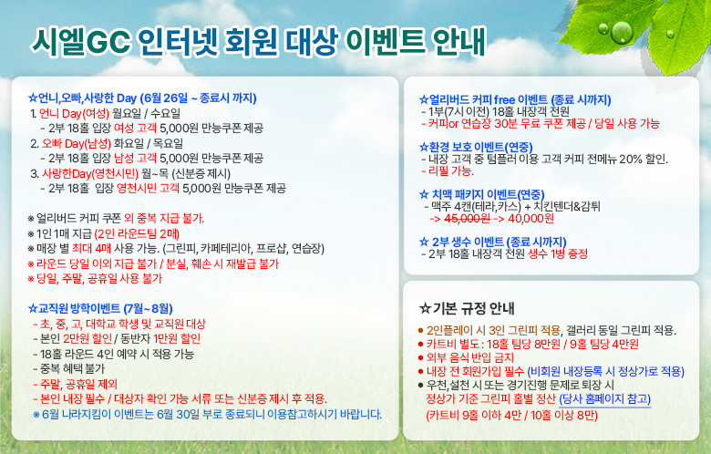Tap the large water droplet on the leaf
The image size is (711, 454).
coord(622,32)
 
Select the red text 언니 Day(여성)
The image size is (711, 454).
coord(75,113)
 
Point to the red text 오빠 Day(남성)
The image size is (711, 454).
coord(77,143)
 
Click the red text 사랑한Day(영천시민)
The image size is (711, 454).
coord(90,173)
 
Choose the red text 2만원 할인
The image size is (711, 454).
coord(88,338)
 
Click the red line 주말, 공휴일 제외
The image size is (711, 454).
coord(76,384)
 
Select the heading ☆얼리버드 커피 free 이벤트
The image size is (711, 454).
coord(483,99)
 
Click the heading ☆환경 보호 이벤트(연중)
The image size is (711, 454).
coord(476,147)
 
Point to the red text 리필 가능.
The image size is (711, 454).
coord(448,171)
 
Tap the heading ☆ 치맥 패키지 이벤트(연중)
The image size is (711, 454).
coord(481,194)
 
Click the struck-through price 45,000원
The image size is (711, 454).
coord(467,218)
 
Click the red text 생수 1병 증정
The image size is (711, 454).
coord(558,253)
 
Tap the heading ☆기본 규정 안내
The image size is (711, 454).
coord(467,308)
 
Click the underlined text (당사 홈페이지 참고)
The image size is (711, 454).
coord(605,399)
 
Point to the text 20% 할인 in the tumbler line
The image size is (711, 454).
coord(643,159)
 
